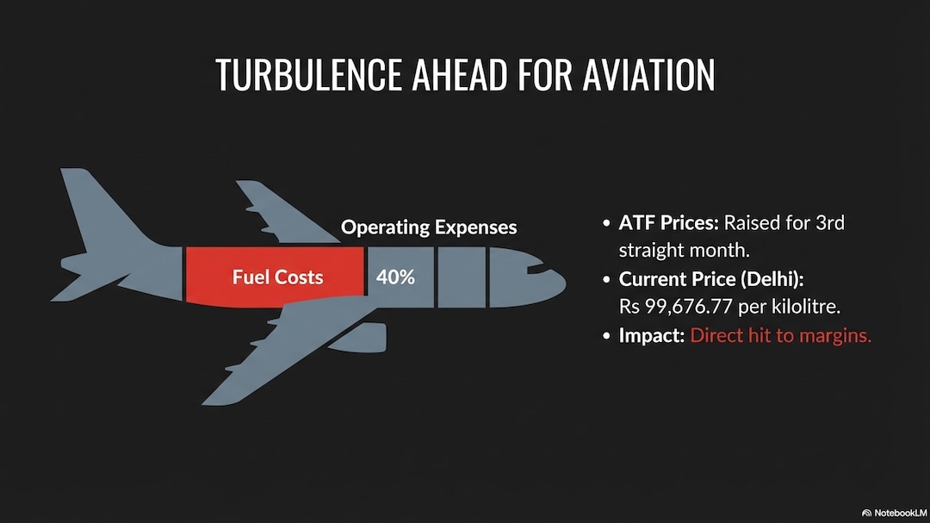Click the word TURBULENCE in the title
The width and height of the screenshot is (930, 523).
[307, 75]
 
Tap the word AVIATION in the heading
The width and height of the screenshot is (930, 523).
[649, 75]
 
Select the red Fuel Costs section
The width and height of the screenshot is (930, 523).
[275, 277]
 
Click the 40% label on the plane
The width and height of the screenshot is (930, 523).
[395, 277]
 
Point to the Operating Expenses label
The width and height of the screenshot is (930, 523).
[429, 227]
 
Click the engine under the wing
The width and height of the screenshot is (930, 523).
[358, 337]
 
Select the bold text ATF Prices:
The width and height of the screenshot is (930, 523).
[668, 223]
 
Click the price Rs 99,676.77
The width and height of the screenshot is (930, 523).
[676, 307]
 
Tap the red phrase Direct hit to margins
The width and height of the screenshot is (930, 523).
[780, 335]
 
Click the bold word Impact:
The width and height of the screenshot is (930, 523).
[652, 335]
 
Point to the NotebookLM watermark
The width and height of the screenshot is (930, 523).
[894, 513]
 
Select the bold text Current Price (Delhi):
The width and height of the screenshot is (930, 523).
[711, 279]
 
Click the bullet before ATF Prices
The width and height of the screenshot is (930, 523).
[606, 224]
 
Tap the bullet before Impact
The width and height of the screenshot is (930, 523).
[606, 336]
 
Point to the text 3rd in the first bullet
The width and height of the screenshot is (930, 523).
[830, 223]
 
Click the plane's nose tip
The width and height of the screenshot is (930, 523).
[565, 283]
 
